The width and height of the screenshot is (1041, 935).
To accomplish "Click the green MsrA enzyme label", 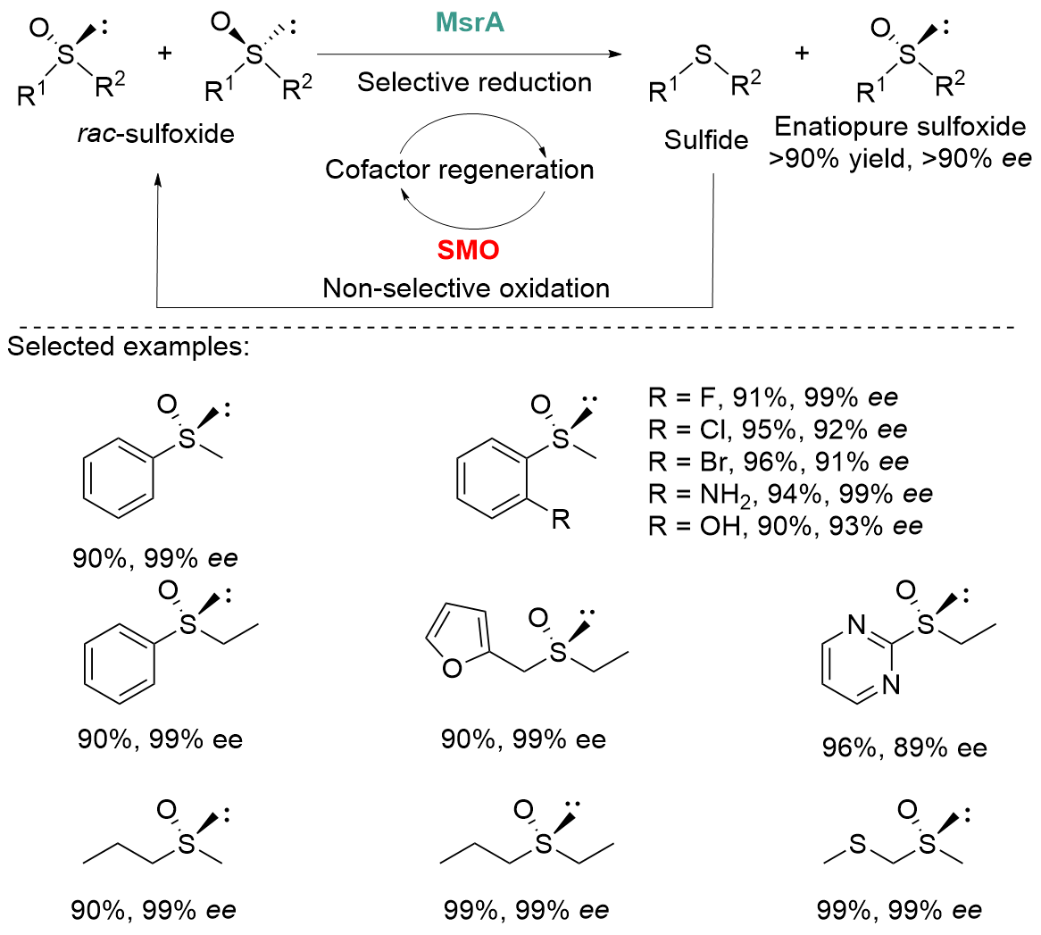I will click(470, 22).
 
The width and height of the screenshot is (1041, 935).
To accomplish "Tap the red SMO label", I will click(469, 250).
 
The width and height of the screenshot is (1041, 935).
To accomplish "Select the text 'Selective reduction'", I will click(474, 83).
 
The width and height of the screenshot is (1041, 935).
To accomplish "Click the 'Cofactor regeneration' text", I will click(460, 169).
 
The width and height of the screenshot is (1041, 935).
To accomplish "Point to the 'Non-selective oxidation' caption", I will click(466, 288).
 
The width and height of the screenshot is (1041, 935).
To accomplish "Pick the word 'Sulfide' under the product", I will click(706, 141).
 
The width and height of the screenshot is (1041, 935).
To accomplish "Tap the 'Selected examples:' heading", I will click(129, 346).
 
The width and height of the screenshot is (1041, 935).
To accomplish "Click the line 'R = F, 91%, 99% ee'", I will click(773, 397).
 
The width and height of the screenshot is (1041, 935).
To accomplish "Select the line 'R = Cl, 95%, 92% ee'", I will click(778, 429).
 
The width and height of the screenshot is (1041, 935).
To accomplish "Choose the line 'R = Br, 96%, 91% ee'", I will click(779, 461).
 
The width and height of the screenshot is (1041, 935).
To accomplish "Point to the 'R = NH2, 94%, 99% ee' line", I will click(790, 493).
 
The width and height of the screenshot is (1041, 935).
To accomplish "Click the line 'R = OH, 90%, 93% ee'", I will click(786, 525).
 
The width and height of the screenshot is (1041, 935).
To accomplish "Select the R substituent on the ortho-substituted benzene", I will click(561, 519).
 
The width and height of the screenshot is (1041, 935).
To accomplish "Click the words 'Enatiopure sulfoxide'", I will click(900, 127).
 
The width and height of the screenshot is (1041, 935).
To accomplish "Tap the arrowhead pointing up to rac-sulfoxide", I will click(158, 179).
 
